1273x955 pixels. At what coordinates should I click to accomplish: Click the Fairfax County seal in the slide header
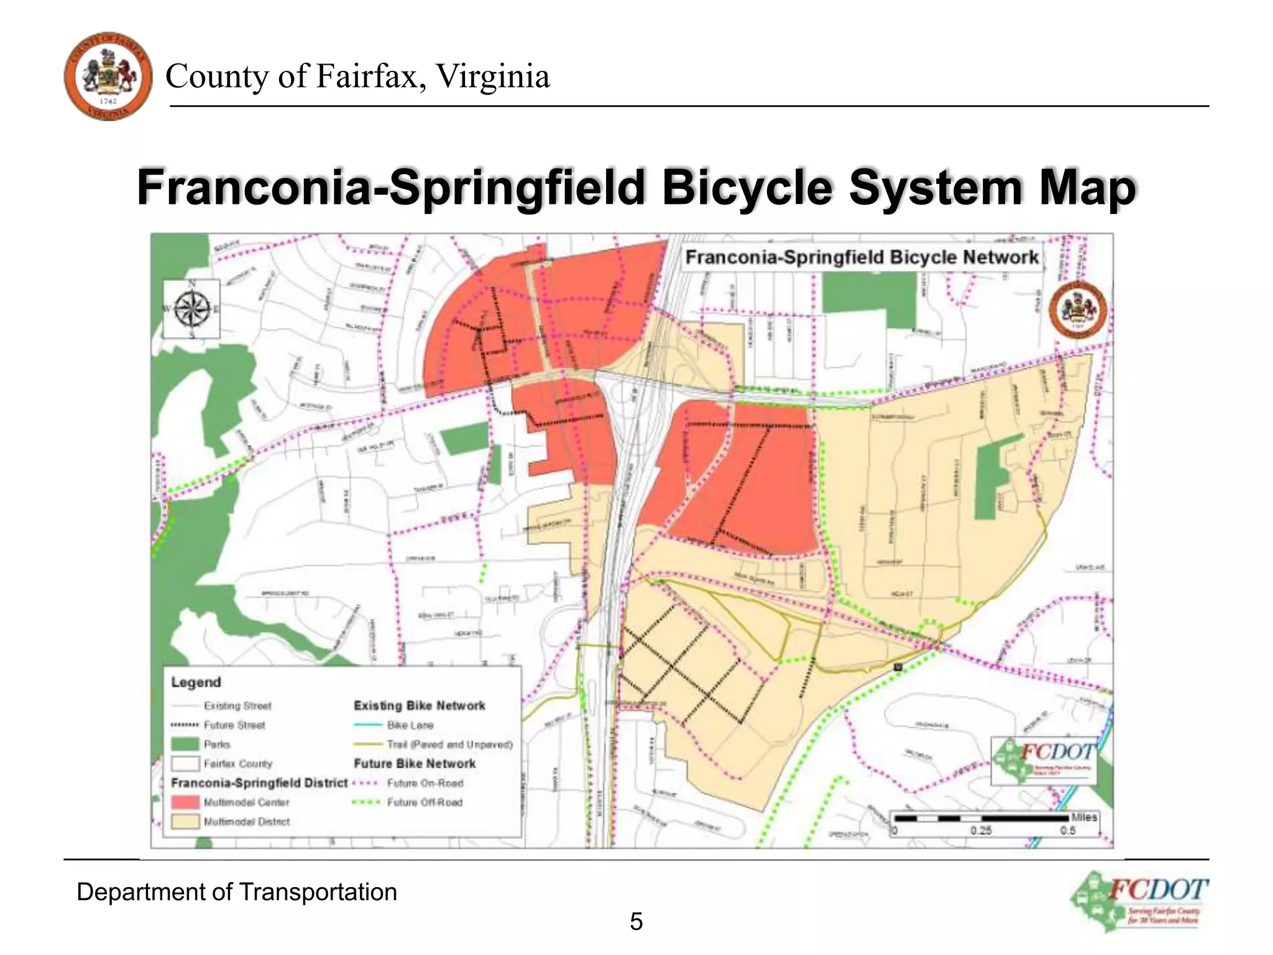(x=108, y=76)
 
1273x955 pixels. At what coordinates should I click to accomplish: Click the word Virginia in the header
(x=492, y=76)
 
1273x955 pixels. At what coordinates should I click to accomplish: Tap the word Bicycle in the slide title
(x=747, y=187)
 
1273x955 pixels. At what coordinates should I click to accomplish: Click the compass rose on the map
(x=191, y=309)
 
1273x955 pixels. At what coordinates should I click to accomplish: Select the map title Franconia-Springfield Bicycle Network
(x=862, y=257)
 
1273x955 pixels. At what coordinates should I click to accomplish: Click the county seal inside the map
(x=1078, y=310)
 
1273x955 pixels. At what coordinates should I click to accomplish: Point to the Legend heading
(x=196, y=682)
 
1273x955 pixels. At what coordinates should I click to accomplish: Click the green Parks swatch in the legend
(x=185, y=744)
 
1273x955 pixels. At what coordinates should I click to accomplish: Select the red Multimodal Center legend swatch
(x=185, y=802)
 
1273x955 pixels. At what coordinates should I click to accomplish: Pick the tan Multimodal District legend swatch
(x=185, y=821)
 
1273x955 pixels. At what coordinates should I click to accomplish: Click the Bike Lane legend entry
(x=410, y=725)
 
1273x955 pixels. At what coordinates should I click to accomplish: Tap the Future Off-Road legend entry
(x=425, y=802)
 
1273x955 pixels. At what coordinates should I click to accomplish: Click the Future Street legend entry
(x=234, y=725)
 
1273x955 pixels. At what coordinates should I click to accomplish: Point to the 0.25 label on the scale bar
(x=981, y=831)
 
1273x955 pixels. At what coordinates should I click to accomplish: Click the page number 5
(x=636, y=921)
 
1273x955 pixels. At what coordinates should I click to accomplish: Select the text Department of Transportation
(x=236, y=892)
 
